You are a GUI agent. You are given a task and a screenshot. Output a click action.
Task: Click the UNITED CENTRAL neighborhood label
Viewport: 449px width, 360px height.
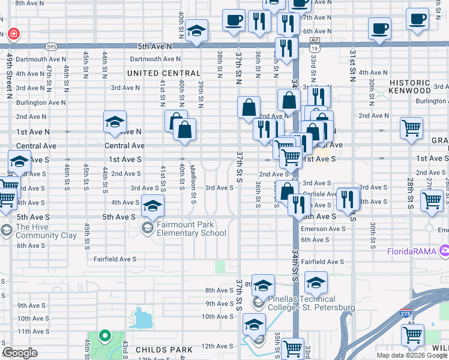click(x=163, y=73)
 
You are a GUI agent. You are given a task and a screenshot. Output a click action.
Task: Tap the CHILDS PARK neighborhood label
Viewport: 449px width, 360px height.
click(x=164, y=349)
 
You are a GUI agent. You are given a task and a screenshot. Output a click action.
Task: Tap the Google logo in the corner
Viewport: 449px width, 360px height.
click(x=20, y=352)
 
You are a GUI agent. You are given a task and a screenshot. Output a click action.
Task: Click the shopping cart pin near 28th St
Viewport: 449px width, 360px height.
click(x=411, y=127)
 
